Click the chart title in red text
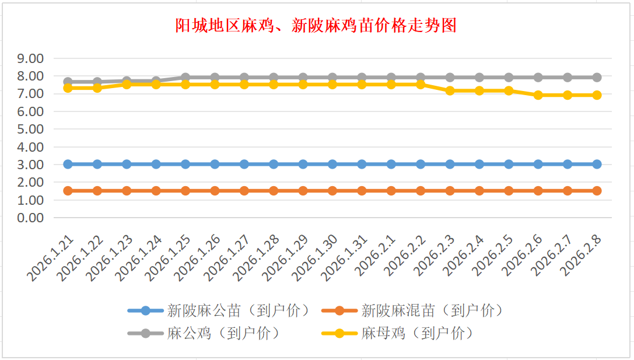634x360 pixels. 316,26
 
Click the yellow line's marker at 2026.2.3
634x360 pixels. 450,91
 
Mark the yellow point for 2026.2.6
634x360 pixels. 538,95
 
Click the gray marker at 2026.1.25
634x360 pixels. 185,78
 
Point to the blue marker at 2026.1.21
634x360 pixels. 68,165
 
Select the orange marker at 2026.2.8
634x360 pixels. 597,191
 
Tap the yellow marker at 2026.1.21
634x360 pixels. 68,88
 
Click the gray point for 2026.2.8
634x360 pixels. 597,78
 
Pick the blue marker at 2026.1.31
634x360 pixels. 362,165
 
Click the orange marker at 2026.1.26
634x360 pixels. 215,191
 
